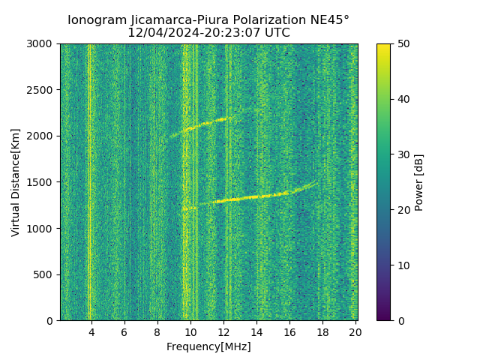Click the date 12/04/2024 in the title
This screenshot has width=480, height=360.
pos(160,33)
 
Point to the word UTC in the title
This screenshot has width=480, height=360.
pos(275,33)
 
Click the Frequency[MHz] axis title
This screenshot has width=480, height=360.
pos(208,346)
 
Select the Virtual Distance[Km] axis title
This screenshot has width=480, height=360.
pos(16,182)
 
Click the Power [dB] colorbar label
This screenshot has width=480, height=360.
pos(419,182)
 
